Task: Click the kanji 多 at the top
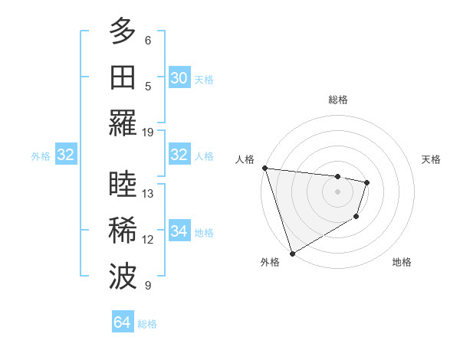pyautogui.click(x=123, y=33)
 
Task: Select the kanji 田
pyautogui.click(x=123, y=79)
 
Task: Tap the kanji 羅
pyautogui.click(x=123, y=123)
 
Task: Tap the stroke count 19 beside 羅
pyautogui.click(x=148, y=132)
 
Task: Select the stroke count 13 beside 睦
pyautogui.click(x=148, y=194)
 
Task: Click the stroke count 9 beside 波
pyautogui.click(x=148, y=286)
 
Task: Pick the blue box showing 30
pyautogui.click(x=179, y=78)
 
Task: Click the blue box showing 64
pyautogui.click(x=122, y=322)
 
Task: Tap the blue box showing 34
pyautogui.click(x=179, y=231)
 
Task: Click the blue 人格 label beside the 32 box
pyautogui.click(x=204, y=155)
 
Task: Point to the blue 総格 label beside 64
pyautogui.click(x=147, y=323)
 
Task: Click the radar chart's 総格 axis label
pyautogui.click(x=337, y=100)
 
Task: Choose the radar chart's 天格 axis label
pyautogui.click(x=432, y=159)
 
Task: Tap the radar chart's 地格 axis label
pyautogui.click(x=402, y=263)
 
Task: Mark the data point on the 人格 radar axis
pyautogui.click(x=264, y=168)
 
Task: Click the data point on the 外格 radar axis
pyautogui.click(x=292, y=253)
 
